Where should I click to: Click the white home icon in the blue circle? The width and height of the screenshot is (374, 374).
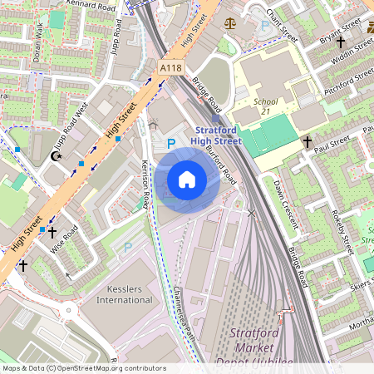(187, 180)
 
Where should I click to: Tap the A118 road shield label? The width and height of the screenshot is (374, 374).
(170, 68)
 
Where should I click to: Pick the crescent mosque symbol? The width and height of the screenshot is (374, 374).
(57, 156)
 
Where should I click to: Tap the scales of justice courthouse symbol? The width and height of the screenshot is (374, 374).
(230, 22)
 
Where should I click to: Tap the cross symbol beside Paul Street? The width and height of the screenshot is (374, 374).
(307, 143)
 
